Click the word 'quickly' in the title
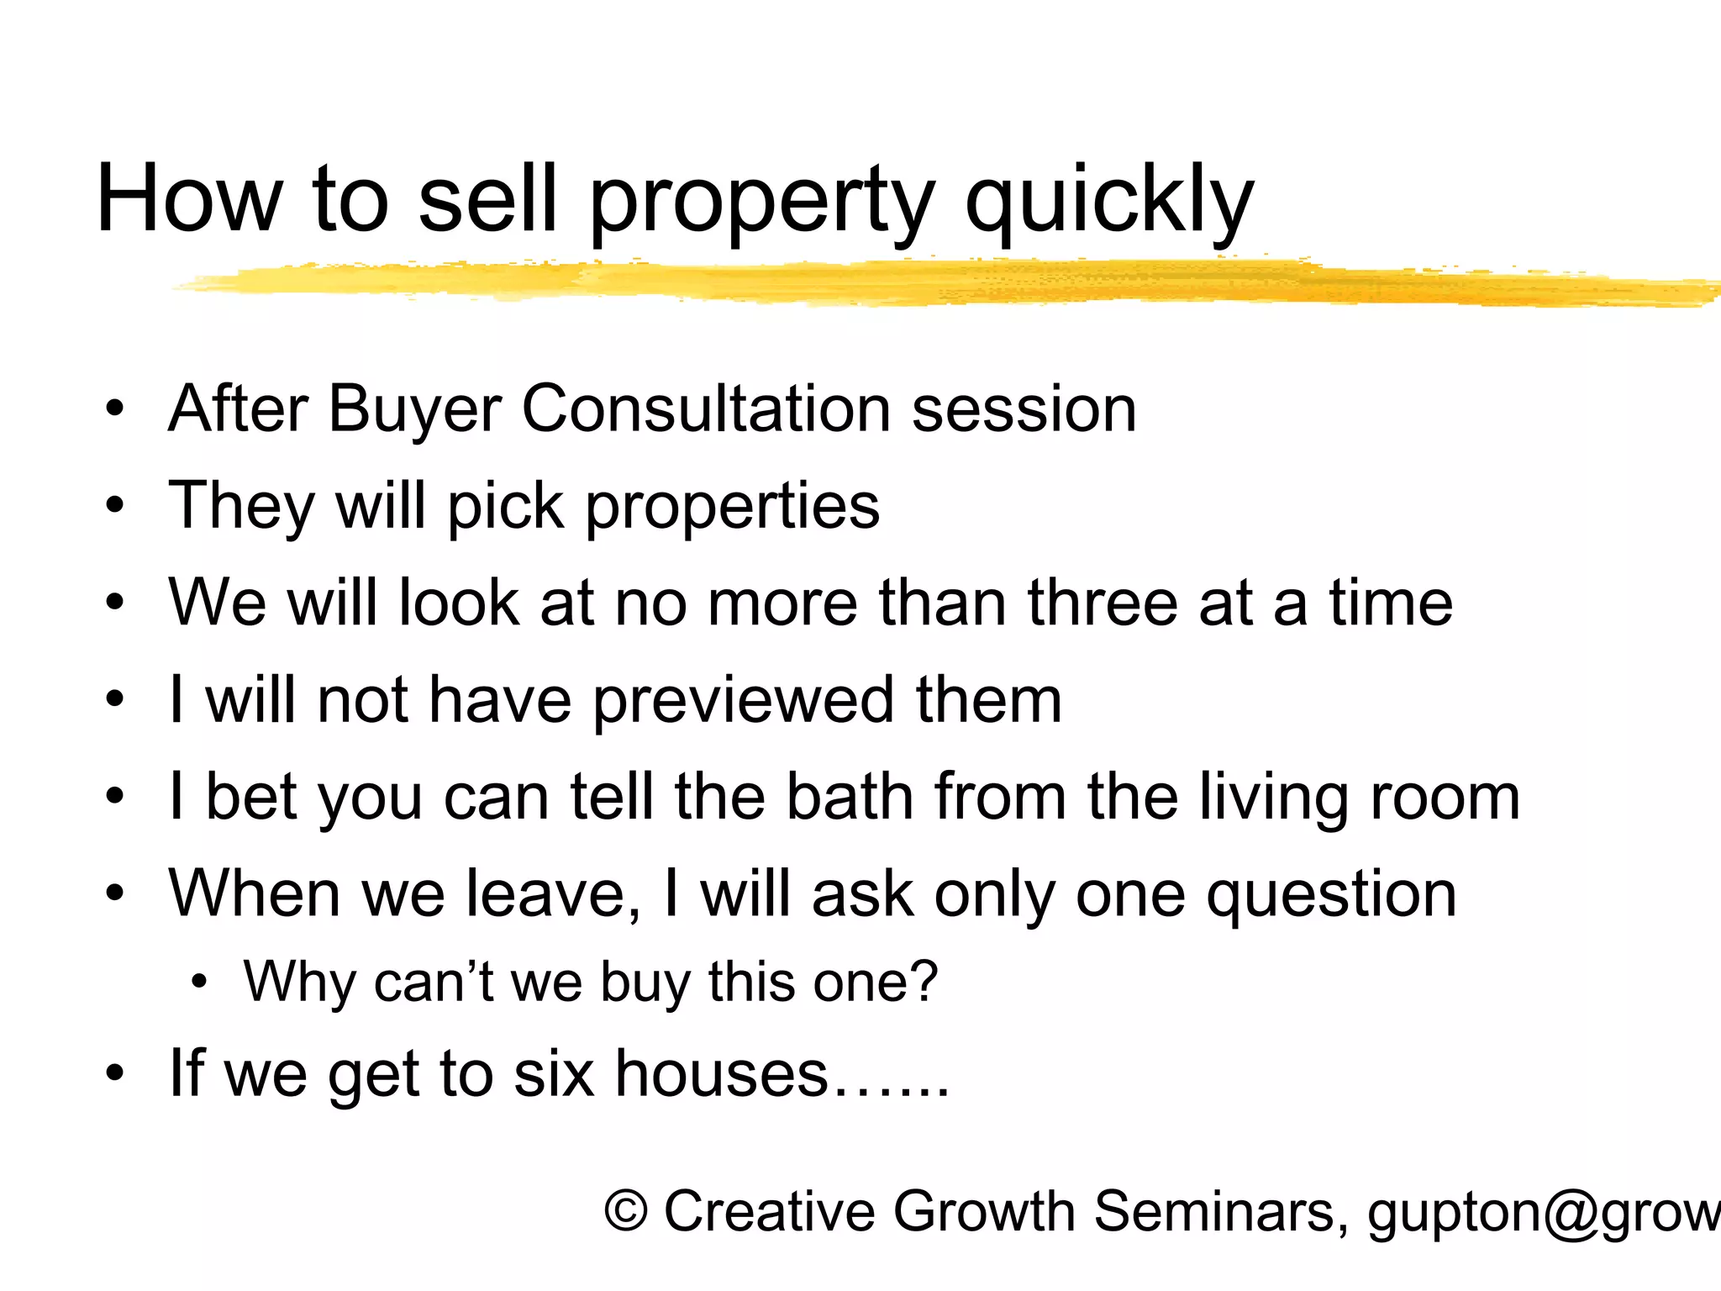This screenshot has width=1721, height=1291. click(x=1109, y=202)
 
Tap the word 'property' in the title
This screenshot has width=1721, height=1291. click(x=761, y=202)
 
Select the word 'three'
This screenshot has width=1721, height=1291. click(x=1101, y=603)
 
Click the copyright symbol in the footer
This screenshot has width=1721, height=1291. click(x=626, y=1211)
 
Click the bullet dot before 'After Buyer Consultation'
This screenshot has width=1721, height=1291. click(x=115, y=409)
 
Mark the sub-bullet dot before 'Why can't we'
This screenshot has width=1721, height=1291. click(x=198, y=981)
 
